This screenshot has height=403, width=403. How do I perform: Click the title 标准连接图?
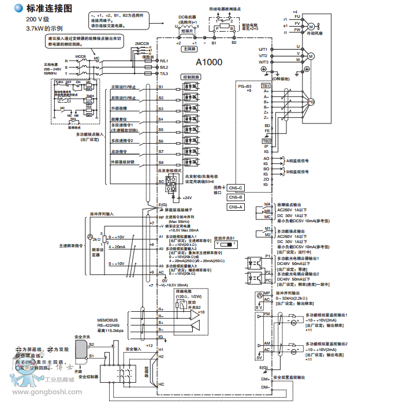49,9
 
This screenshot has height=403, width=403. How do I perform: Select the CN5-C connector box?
236,188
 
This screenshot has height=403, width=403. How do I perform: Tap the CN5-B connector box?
236,197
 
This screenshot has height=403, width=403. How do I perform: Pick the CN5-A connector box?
236,207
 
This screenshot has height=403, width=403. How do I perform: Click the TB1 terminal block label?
266,85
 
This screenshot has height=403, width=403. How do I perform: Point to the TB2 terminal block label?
266,141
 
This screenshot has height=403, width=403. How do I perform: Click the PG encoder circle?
311,101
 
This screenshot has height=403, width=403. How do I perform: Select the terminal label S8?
161,162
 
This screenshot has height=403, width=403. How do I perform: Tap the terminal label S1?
161,87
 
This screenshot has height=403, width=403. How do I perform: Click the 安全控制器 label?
87,376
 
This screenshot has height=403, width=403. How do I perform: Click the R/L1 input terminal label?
163,60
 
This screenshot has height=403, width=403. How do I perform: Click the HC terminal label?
162,383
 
